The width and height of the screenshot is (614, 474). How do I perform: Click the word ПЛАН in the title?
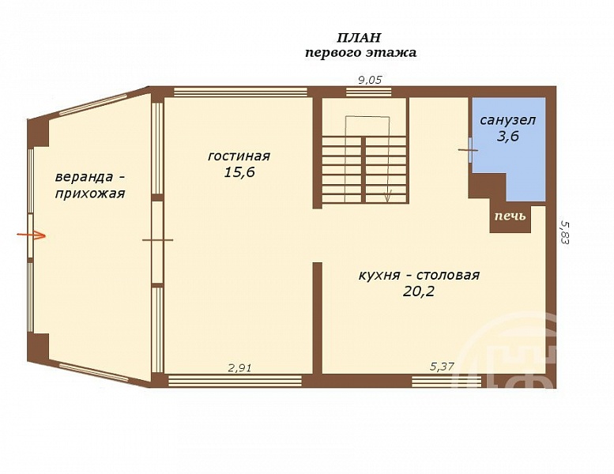(x=359, y=38)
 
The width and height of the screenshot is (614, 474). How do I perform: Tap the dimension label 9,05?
(x=370, y=81)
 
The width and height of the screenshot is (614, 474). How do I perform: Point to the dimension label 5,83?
(x=564, y=232)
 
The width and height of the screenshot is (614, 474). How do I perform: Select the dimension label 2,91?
(x=239, y=367)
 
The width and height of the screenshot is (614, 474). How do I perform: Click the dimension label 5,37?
(x=442, y=367)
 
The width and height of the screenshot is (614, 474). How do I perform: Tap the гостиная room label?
(x=239, y=156)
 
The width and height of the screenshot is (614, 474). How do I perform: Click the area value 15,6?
(x=239, y=172)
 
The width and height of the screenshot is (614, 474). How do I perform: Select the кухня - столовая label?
(x=419, y=275)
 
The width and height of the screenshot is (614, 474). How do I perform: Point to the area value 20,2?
(x=419, y=292)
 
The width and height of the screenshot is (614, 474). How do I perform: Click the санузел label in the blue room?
(x=508, y=120)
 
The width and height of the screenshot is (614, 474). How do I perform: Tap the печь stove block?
(x=510, y=219)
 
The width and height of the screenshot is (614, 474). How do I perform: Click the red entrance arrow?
(x=32, y=235)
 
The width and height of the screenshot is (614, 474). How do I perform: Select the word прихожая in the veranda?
(x=90, y=194)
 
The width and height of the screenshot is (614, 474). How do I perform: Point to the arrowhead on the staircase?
(x=388, y=197)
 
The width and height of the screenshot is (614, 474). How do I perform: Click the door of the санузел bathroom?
(x=470, y=149)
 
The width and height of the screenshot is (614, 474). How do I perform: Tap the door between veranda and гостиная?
(x=157, y=240)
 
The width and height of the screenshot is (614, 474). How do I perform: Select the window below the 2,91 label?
(x=235, y=381)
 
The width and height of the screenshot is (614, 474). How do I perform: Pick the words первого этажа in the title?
(x=360, y=53)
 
